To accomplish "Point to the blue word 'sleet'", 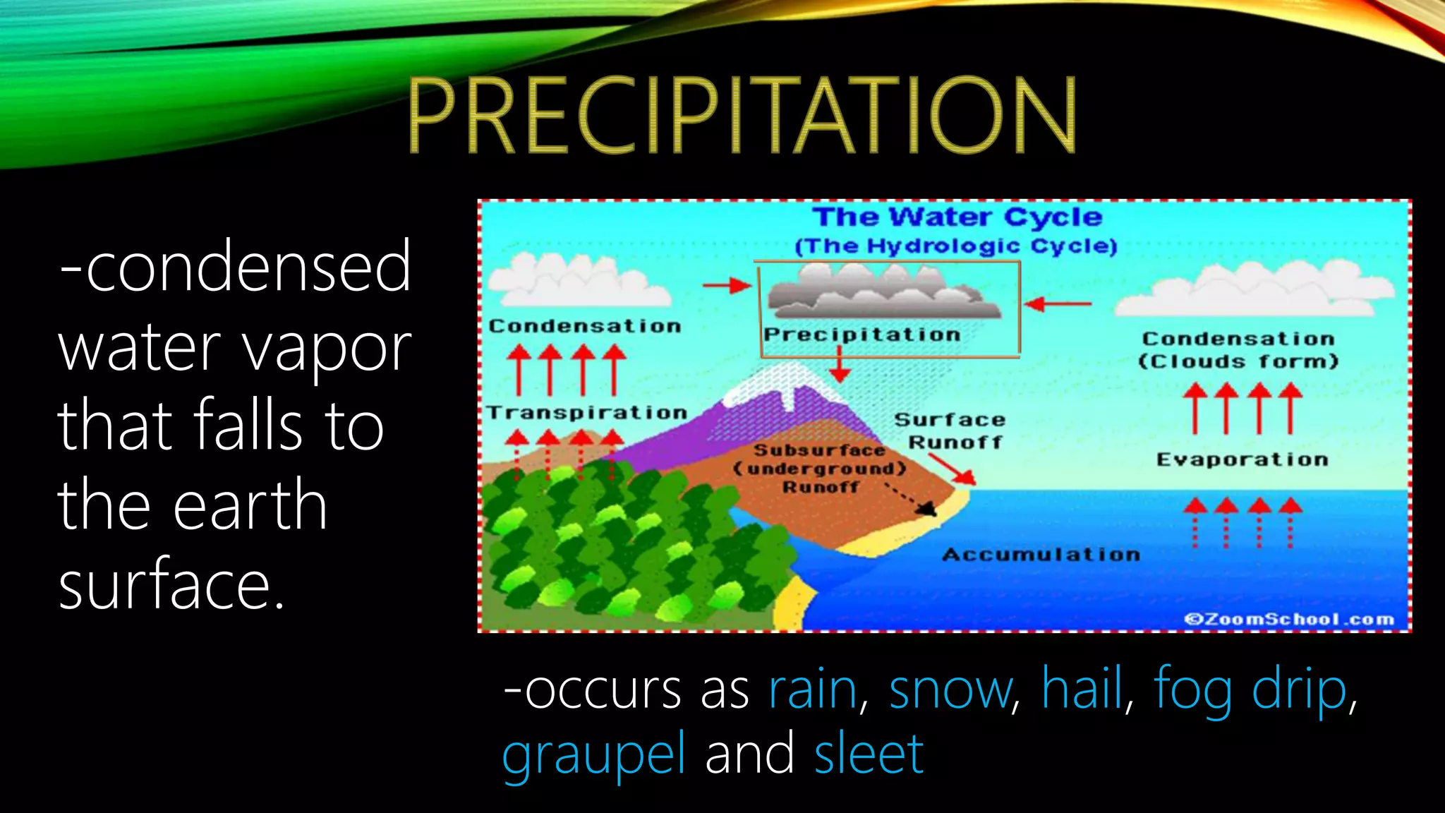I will [x=868, y=754].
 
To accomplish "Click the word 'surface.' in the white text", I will [x=171, y=584].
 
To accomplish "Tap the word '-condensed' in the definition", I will [x=235, y=267].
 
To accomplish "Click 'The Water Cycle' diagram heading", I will [x=956, y=217].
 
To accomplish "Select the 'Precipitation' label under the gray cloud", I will [x=861, y=335].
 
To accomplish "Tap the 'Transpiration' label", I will [x=586, y=413].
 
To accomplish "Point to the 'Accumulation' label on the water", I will [x=1041, y=555].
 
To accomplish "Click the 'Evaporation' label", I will [x=1242, y=459].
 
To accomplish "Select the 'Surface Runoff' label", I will [x=950, y=431].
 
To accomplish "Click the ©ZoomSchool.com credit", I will [x=1288, y=619].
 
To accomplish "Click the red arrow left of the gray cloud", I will [x=727, y=285].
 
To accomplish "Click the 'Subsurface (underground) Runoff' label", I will [x=820, y=469].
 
